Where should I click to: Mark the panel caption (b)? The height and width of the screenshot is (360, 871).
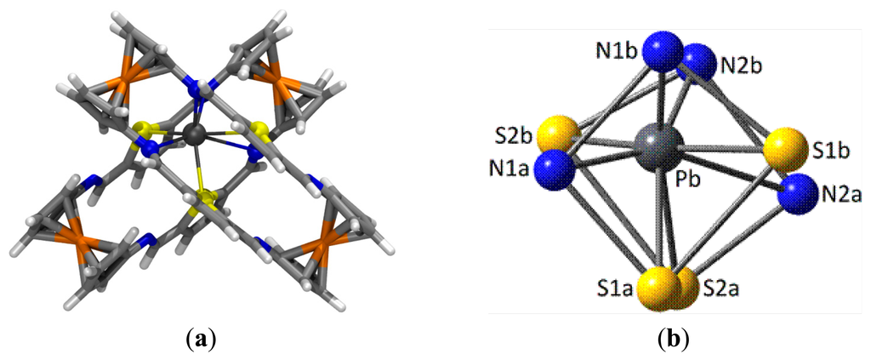point(672,341)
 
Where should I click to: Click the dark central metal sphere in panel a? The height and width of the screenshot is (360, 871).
point(196,133)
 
